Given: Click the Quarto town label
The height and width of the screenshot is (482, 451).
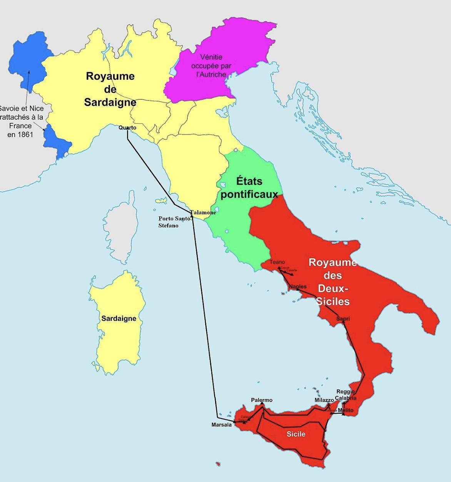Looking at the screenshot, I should click(127, 127).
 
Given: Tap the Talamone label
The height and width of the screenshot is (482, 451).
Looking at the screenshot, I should click(203, 212).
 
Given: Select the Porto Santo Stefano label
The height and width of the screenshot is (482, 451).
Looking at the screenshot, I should click(174, 222).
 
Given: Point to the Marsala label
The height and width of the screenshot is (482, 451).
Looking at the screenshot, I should click(222, 425).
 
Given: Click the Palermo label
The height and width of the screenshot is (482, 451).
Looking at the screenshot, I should click(262, 400).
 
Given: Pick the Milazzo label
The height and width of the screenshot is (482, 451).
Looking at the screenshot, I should click(324, 400).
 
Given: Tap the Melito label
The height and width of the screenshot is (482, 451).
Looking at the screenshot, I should click(346, 410).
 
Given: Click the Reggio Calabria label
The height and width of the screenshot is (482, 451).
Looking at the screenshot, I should click(346, 395).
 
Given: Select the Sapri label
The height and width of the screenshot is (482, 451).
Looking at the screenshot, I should click(343, 318).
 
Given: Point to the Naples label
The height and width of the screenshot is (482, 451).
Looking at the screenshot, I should click(298, 286).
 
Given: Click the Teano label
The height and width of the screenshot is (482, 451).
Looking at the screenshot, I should click(277, 262).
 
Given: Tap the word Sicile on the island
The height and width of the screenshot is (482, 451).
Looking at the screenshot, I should click(296, 434).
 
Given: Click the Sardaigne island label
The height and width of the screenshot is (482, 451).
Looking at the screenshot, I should click(119, 318).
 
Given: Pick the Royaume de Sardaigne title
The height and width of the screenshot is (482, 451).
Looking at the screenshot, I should click(110, 89).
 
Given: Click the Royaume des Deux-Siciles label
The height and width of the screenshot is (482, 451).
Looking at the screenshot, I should click(333, 281).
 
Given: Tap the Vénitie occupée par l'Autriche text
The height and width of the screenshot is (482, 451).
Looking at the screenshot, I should click(211, 65).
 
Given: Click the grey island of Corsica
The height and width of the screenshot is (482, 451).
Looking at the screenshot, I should click(120, 231).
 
